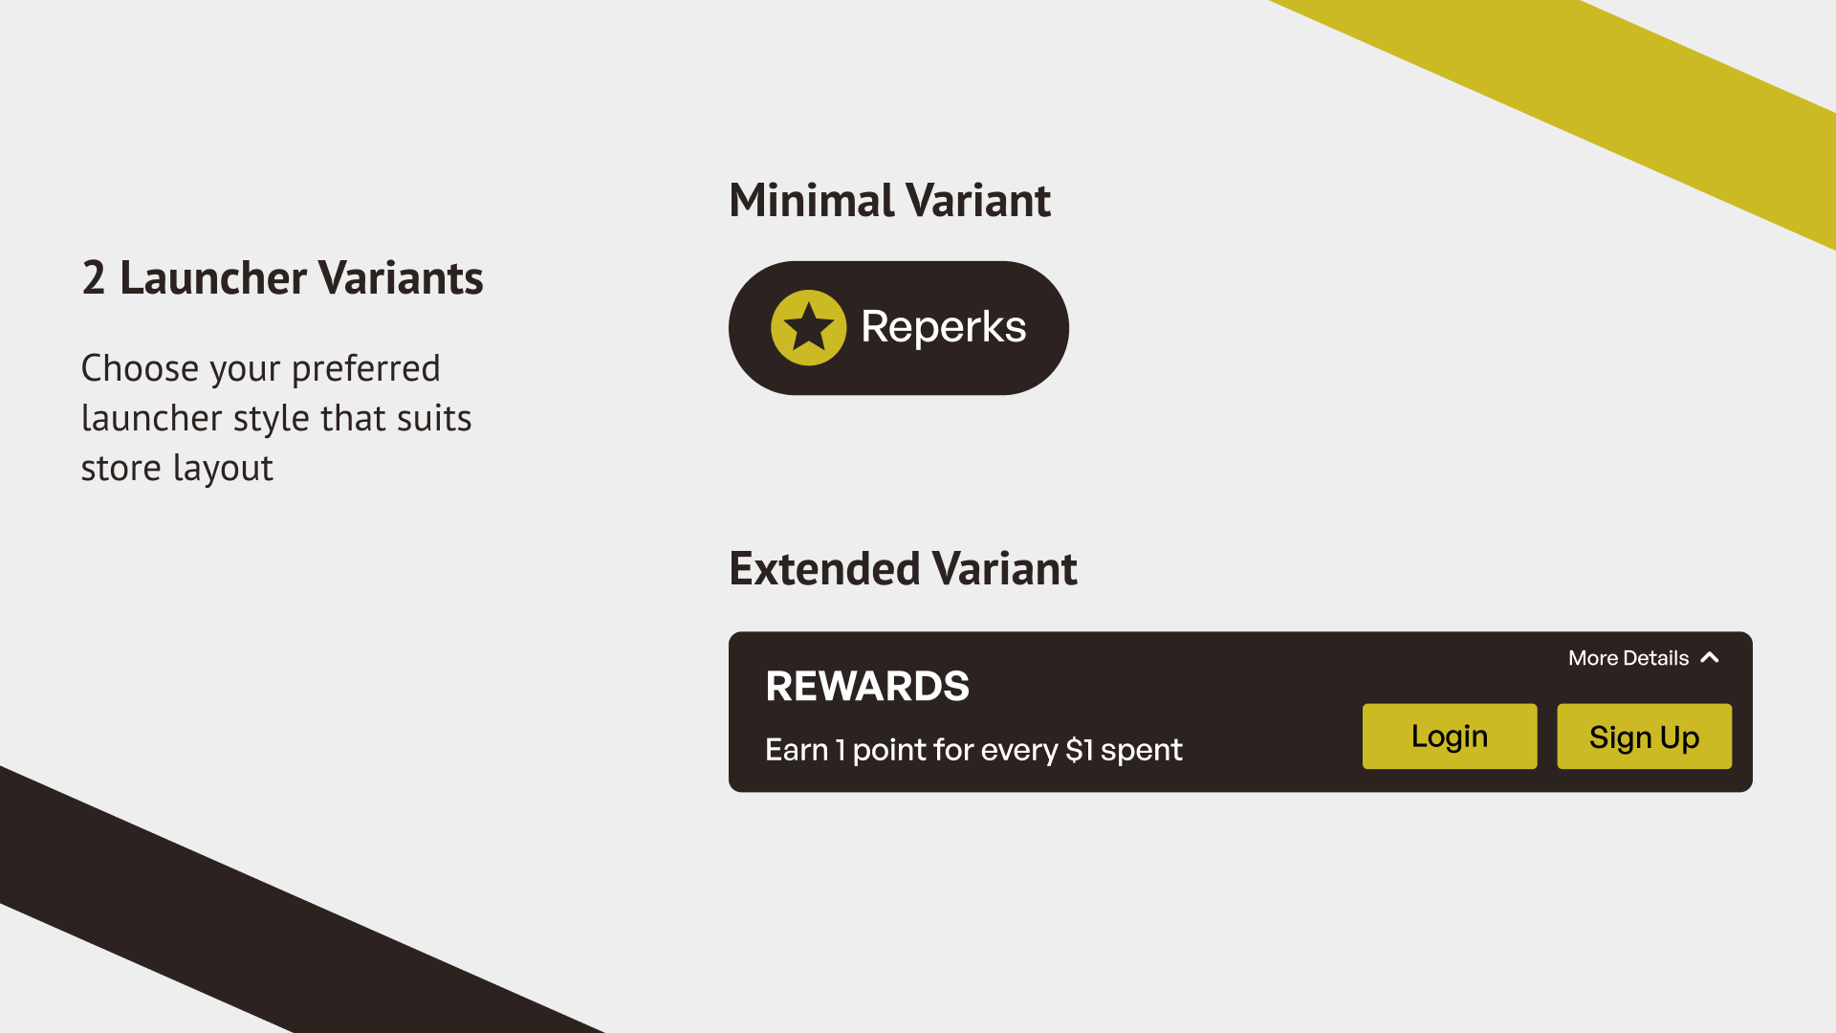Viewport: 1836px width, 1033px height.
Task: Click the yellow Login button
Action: (x=1450, y=736)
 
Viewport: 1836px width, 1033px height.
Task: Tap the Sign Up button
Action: (x=1645, y=736)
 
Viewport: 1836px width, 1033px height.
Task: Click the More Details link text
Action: (x=1628, y=658)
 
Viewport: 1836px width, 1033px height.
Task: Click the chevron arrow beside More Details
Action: (x=1710, y=657)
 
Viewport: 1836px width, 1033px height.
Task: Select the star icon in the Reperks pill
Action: (x=809, y=327)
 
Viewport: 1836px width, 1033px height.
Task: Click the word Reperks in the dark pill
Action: (x=944, y=328)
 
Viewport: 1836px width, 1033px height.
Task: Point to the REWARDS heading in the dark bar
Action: (x=867, y=687)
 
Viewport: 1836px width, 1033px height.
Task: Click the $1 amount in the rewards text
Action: (x=1080, y=750)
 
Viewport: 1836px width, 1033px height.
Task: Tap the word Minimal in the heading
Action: (x=812, y=201)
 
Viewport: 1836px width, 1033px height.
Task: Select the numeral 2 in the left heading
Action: (x=94, y=278)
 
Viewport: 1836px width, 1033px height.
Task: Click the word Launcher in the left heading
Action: (x=213, y=278)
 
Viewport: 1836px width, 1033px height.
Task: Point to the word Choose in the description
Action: (x=141, y=368)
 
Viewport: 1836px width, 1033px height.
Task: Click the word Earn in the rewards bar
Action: (x=797, y=750)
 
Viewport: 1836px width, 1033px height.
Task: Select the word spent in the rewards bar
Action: (x=1142, y=751)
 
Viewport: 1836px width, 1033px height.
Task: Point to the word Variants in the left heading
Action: (x=401, y=278)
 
